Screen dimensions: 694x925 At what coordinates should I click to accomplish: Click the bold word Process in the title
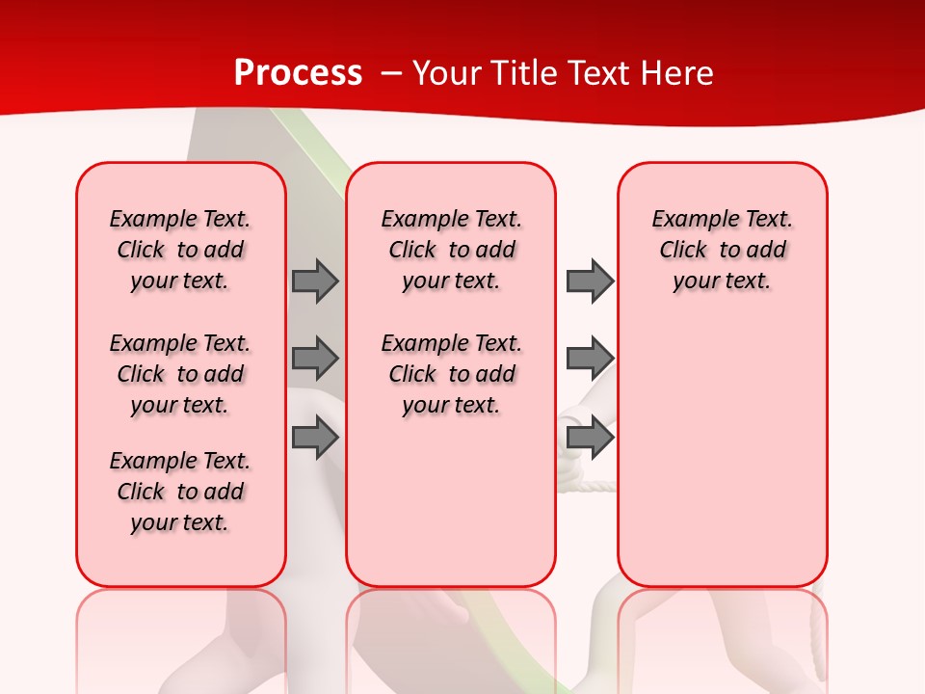298,72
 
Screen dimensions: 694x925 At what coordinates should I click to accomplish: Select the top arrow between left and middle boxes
315,280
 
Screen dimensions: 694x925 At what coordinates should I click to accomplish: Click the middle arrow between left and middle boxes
315,359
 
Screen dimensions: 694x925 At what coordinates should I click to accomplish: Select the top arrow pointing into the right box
589,280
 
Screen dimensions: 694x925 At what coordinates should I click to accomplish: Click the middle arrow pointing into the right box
589,359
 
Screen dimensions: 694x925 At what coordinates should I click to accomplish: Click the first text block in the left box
180,250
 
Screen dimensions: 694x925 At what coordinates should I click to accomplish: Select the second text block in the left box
180,374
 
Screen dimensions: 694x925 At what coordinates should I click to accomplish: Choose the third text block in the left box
180,492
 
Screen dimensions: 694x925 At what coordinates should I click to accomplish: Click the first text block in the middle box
451,250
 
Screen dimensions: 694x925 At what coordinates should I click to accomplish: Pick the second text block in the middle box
451,374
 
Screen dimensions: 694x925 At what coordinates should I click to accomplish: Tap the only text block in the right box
722,250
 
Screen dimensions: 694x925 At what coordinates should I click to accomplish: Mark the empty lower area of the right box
722,453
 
